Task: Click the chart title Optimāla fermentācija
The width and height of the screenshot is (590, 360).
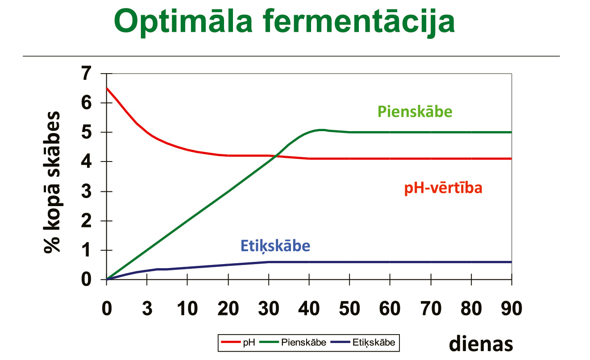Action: coord(284,21)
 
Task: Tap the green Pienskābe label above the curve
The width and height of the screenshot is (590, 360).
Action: coord(415,112)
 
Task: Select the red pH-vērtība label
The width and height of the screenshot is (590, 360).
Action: coord(443,188)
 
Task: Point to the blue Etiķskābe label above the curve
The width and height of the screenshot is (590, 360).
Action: coord(275,246)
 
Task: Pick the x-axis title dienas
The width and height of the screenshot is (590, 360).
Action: coord(481,343)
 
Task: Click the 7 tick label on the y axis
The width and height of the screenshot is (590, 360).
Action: coord(87,73)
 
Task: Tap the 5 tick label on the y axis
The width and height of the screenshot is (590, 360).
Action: coord(87,132)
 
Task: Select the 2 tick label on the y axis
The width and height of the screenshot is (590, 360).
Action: coord(87,221)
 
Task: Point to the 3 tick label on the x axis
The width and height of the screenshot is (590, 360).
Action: coord(147,308)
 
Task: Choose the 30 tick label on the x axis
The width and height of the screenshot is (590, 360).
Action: coord(269,308)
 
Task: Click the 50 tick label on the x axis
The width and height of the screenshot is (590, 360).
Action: coord(349,308)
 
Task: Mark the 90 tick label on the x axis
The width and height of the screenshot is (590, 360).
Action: coord(511,308)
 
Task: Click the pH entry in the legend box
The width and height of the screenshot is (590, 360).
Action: coord(238,342)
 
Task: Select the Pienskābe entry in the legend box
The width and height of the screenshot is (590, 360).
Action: coord(293,342)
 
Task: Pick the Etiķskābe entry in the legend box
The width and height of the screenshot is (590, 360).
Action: coord(363,342)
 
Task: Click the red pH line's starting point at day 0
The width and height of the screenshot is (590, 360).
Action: coord(107,88)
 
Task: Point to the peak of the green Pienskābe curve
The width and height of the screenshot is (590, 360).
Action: coord(321,129)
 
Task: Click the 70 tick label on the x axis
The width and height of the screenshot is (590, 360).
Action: coord(431,308)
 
